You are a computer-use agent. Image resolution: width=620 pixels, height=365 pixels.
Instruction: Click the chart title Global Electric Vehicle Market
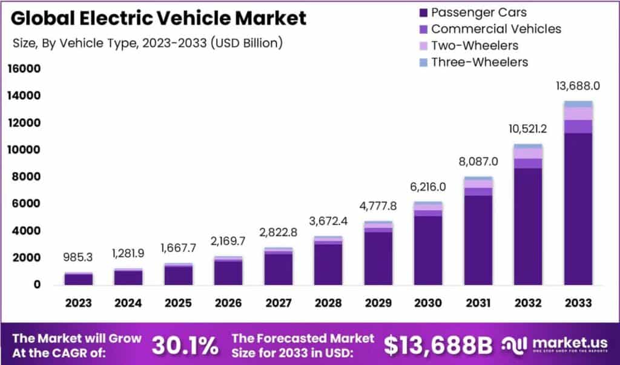point(159,18)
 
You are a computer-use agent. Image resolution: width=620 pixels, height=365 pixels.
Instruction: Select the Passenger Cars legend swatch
point(421,12)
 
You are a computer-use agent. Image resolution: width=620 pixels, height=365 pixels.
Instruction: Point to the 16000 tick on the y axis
point(24,69)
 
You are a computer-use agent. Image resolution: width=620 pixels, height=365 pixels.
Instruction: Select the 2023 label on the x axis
point(79,302)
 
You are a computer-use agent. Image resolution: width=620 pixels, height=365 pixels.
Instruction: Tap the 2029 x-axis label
point(378,302)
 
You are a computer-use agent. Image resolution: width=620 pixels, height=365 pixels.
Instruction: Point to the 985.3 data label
point(79,258)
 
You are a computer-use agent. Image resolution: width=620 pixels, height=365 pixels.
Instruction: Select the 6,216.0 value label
point(428,187)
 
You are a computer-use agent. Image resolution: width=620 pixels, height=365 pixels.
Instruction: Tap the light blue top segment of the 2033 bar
point(578,104)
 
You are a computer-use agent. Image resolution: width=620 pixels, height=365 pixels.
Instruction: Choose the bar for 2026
point(228,272)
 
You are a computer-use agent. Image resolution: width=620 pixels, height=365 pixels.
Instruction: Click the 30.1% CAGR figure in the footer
point(185,345)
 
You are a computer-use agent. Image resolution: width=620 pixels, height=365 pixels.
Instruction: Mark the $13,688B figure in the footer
point(438,345)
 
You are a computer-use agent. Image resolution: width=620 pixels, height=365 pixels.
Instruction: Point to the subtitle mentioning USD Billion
point(147,43)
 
